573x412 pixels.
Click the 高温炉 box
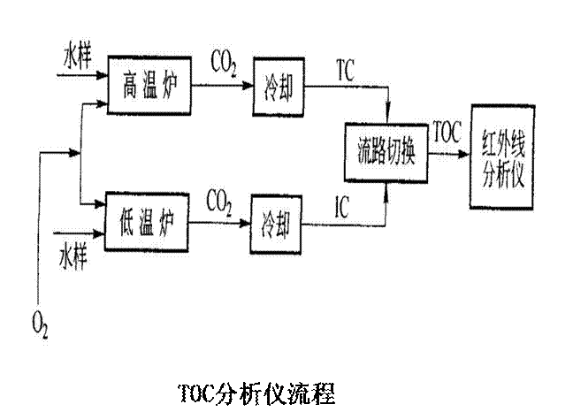(150, 84)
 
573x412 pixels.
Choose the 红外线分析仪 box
(504, 156)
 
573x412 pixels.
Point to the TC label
(346, 72)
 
